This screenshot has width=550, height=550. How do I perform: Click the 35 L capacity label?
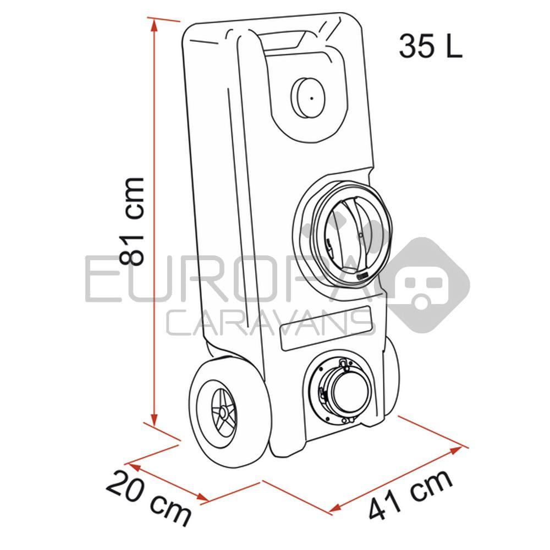click(x=431, y=47)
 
